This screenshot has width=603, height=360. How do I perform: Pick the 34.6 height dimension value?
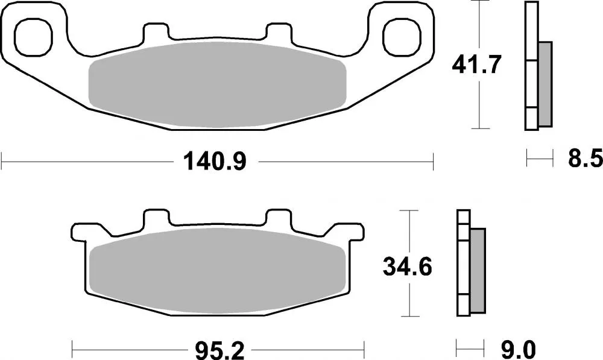[408, 265]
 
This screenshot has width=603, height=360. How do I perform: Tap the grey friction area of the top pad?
[217, 84]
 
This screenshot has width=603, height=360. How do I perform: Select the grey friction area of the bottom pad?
[217, 271]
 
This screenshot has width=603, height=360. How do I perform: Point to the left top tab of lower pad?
[155, 218]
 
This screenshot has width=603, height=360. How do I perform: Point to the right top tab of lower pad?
[279, 218]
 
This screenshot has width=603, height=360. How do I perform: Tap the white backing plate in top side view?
[531, 66]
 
